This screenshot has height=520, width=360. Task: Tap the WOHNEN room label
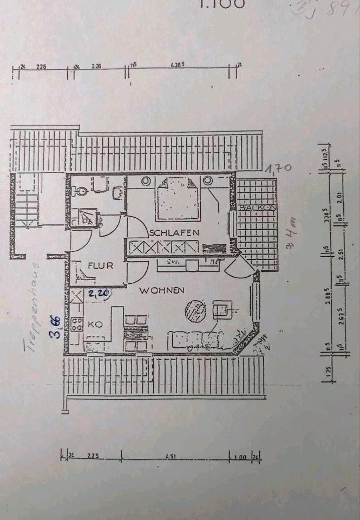click(x=162, y=291)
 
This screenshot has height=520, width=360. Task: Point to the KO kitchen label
click(x=95, y=324)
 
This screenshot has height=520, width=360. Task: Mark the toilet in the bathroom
click(x=80, y=191)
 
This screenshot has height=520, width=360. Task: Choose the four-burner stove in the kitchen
click(x=76, y=324)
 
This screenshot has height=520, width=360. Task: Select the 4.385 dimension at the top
click(x=177, y=65)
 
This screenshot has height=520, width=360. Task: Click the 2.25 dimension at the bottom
click(x=93, y=456)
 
